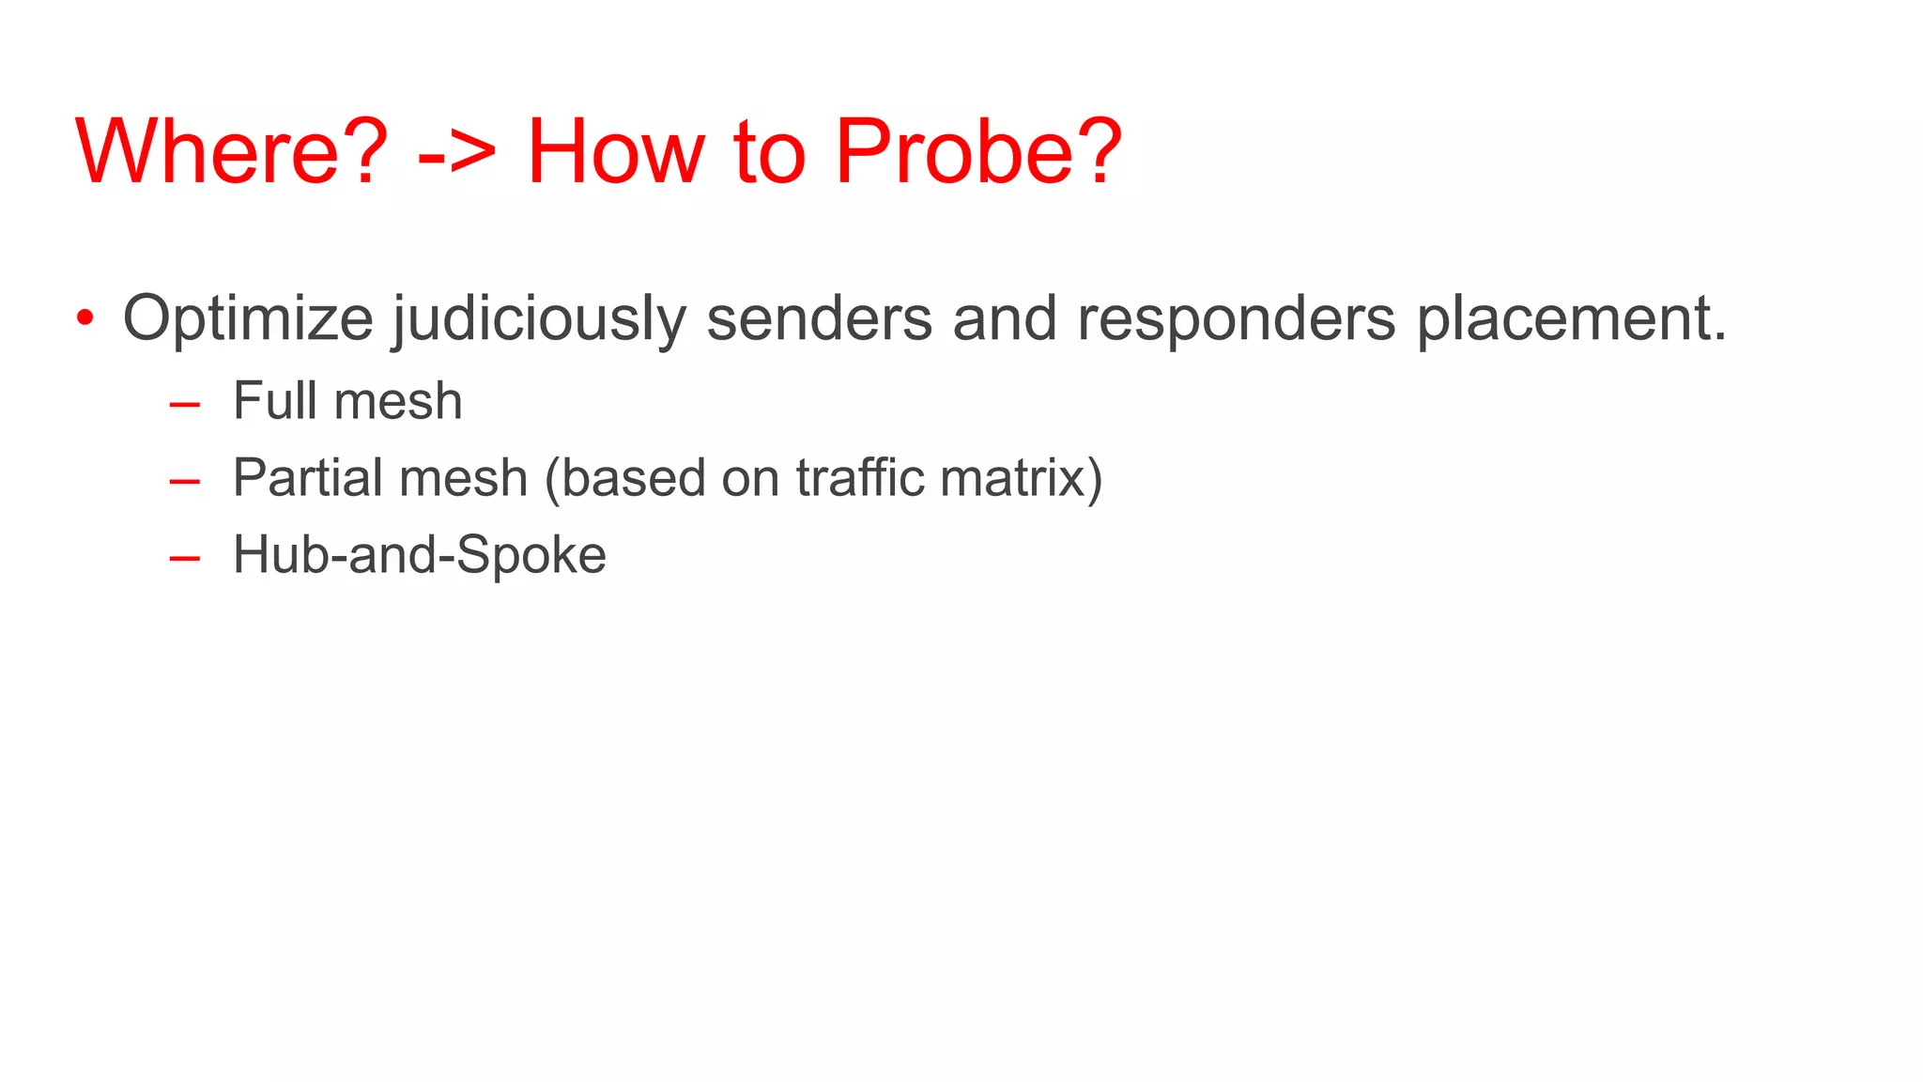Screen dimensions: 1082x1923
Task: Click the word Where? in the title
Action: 231,152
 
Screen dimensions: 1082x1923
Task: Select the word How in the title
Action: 615,152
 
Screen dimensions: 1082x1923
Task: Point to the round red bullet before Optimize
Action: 85,318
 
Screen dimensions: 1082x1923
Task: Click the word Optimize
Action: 248,319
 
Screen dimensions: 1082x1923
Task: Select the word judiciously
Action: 540,319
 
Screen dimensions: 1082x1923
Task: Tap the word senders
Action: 820,319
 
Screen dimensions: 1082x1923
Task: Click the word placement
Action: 1571,319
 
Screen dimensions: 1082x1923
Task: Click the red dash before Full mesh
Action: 185,405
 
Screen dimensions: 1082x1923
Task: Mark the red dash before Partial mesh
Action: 185,482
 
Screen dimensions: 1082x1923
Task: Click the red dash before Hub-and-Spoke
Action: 185,558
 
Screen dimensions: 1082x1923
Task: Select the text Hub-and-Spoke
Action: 420,555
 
